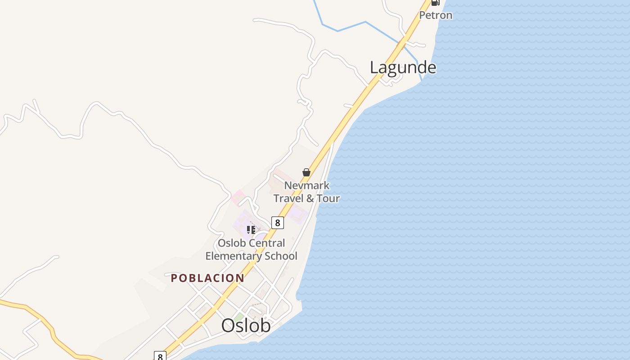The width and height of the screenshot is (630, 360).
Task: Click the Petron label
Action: tap(436, 15)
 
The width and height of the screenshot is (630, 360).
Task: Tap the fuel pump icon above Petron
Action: tap(435, 3)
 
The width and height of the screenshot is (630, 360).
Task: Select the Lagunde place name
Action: tap(403, 67)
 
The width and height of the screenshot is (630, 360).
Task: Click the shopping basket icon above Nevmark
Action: tap(306, 172)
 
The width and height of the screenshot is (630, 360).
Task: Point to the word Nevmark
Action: tap(306, 185)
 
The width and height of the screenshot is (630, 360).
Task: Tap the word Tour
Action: tap(328, 198)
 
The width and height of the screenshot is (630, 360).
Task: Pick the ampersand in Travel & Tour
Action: tap(310, 198)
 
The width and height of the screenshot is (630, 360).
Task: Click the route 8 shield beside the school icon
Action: tap(277, 222)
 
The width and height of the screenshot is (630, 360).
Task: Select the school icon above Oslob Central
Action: tap(251, 230)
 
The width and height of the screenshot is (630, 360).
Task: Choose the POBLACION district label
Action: tap(207, 278)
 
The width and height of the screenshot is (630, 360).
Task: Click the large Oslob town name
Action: tap(246, 326)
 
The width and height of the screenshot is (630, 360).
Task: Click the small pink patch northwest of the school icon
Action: tap(238, 196)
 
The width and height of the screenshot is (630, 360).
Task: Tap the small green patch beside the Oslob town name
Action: tap(238, 317)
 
